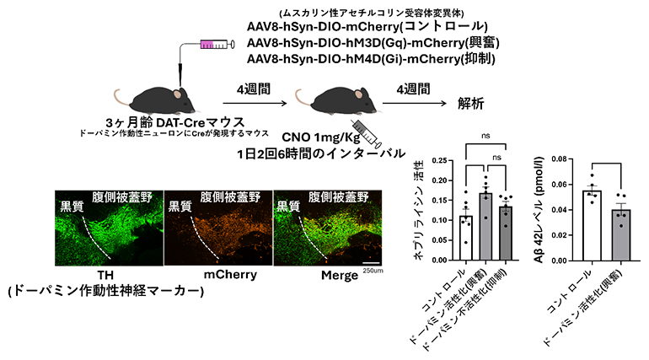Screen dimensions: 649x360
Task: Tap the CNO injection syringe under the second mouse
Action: pos(367,133)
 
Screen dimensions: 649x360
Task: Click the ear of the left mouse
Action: pos(177,94)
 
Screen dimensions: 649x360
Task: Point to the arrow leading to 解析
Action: pos(415,103)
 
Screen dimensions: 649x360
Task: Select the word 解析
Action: pos(471,104)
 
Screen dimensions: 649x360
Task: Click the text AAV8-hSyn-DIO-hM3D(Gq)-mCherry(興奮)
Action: pos(373,43)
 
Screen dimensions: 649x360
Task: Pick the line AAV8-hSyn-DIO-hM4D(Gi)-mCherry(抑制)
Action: pos(371,59)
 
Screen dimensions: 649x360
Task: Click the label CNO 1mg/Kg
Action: pos(321,137)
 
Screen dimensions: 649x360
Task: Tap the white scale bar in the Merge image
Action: pos(372,262)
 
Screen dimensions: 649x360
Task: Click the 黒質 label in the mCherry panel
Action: pos(180,206)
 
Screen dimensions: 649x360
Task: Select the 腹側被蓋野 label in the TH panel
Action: pos(122,196)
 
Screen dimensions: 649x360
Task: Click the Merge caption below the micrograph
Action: pos(340,275)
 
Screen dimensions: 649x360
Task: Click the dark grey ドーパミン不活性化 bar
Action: pos(506,234)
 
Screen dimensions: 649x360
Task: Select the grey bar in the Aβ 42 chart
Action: pos(620,235)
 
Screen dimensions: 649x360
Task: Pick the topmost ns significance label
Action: pos(486,136)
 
